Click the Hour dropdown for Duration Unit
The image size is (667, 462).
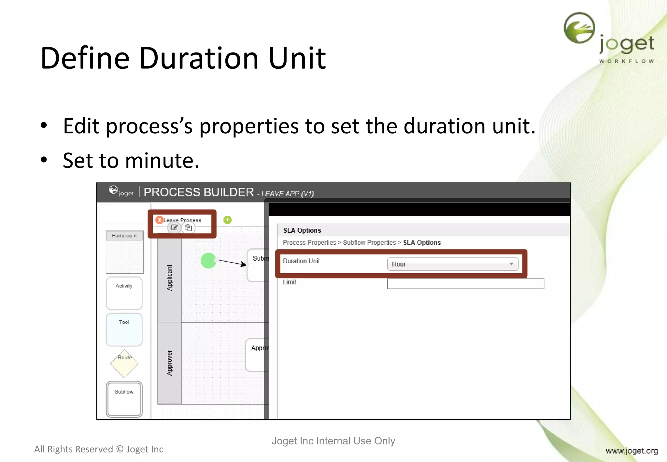click(x=452, y=264)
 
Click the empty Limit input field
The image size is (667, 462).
click(x=465, y=283)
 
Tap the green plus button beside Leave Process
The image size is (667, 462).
click(x=227, y=220)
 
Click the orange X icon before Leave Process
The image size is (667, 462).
click(x=159, y=220)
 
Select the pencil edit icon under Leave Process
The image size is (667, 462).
click(x=174, y=227)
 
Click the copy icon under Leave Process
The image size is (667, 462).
click(x=188, y=227)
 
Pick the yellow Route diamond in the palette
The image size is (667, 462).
click(x=124, y=364)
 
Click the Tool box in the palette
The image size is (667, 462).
click(x=124, y=329)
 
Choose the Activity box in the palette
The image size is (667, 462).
click(x=124, y=293)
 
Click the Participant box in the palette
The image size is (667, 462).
click(x=124, y=252)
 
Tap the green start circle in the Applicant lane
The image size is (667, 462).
click(x=208, y=261)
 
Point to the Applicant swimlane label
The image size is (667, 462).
click(x=169, y=278)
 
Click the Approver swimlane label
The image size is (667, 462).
click(x=169, y=363)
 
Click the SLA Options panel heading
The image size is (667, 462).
click(x=302, y=230)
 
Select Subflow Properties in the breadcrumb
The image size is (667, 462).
click(x=369, y=242)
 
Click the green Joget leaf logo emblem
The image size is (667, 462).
click(x=579, y=28)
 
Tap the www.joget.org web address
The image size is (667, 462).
click(x=632, y=451)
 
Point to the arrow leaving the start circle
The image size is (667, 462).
click(x=232, y=262)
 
